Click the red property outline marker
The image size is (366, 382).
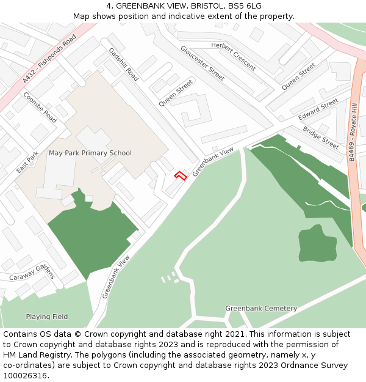180,176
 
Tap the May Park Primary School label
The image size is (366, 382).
90,153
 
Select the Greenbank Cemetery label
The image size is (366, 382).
261,309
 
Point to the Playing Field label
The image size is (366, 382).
46,317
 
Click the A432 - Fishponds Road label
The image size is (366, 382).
49,59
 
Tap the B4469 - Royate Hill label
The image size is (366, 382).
352,132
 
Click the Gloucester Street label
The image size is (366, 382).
202,62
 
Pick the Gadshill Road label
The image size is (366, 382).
123,64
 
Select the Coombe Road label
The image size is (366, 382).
40,108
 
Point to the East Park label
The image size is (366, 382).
27,162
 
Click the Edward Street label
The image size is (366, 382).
318,109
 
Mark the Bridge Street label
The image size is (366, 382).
321,138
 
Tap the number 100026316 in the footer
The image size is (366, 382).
25,376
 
